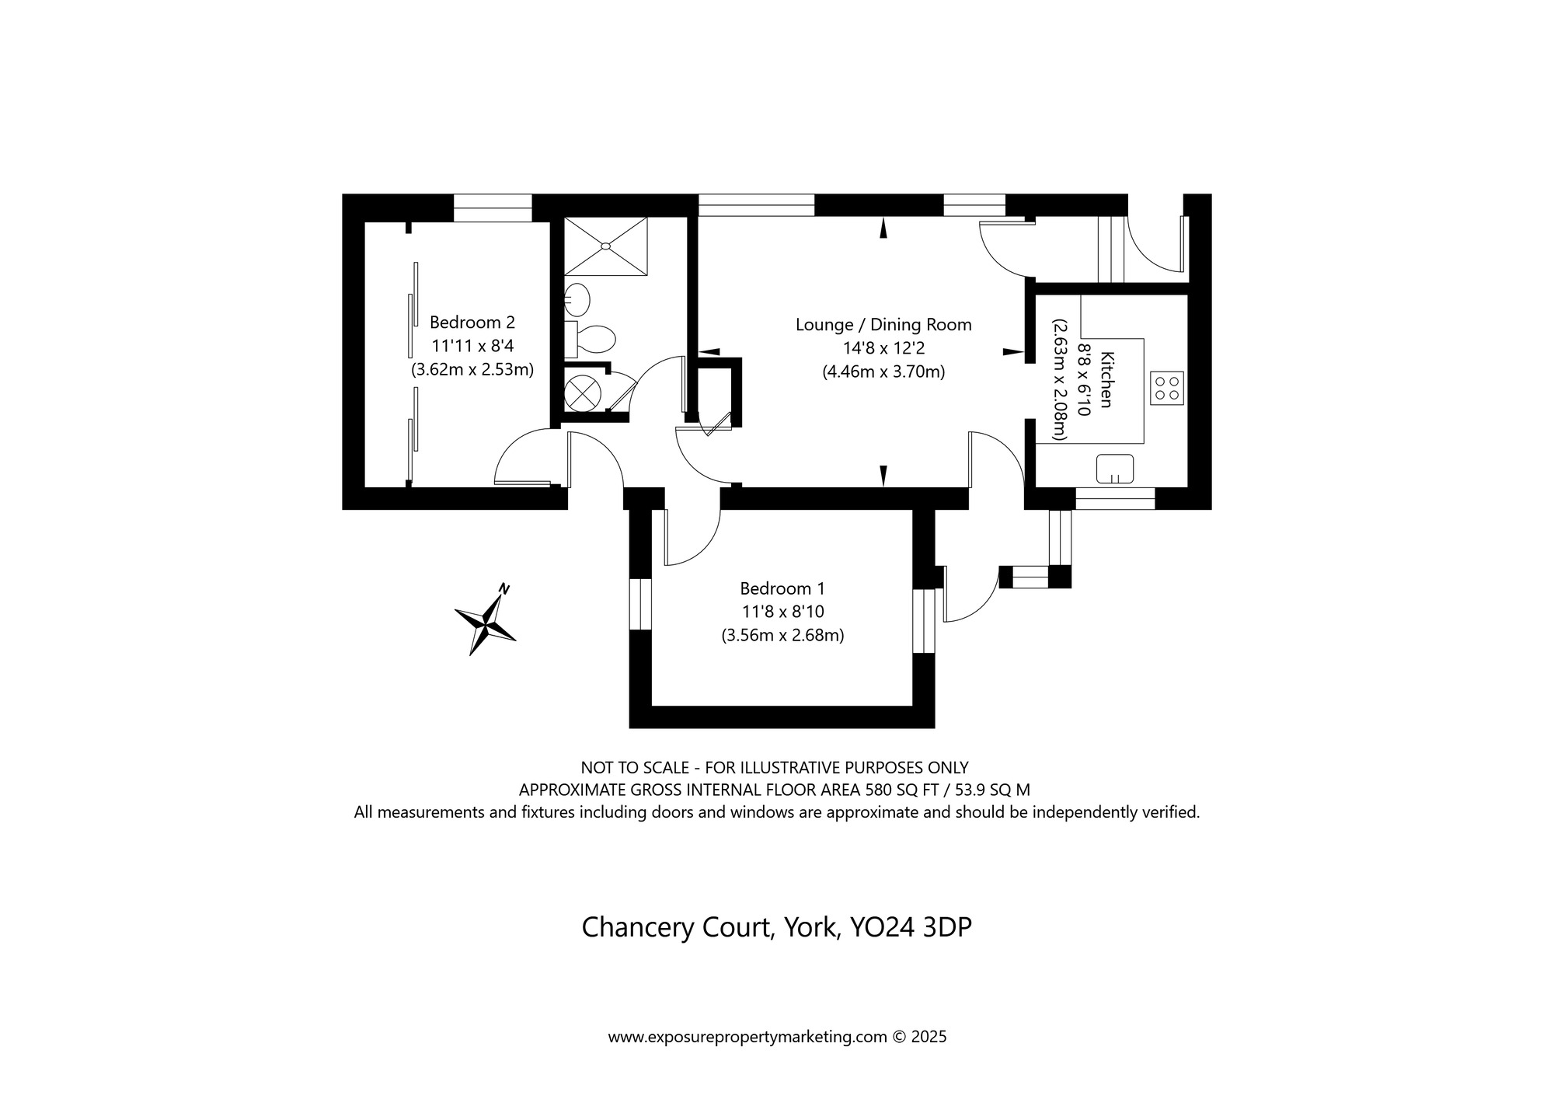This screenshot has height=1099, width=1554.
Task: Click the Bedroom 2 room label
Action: click(x=472, y=322)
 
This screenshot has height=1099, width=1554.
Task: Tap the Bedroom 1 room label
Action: click(x=782, y=588)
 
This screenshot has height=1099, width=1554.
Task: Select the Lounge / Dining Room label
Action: click(x=883, y=325)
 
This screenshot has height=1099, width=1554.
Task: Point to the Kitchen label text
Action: click(x=1107, y=379)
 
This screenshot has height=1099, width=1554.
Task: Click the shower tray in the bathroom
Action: click(x=605, y=246)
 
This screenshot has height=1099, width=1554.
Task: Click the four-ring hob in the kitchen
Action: click(x=1166, y=388)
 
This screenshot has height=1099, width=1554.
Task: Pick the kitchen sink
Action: click(x=1115, y=469)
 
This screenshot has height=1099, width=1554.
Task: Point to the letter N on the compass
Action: click(x=504, y=588)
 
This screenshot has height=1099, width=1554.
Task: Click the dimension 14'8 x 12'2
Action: click(x=883, y=348)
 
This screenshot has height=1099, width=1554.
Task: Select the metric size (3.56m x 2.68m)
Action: click(x=782, y=635)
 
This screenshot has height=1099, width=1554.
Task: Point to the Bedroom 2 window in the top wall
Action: click(x=493, y=208)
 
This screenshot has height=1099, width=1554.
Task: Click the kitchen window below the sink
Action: click(x=1115, y=498)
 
